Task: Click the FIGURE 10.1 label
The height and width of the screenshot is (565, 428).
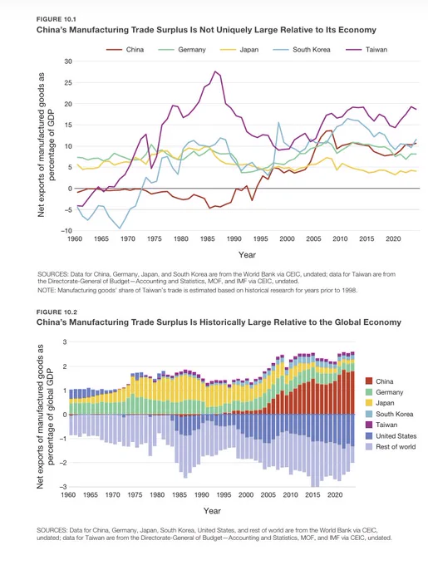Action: pyautogui.click(x=52, y=19)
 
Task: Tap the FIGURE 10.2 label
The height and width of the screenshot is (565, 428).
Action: pyautogui.click(x=52, y=312)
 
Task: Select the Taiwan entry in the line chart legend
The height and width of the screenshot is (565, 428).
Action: pyautogui.click(x=367, y=50)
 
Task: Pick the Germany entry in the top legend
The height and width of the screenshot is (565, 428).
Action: pyautogui.click(x=182, y=50)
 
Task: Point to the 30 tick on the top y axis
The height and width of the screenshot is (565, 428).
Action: pyautogui.click(x=68, y=61)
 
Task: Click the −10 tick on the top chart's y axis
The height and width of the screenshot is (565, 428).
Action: pyautogui.click(x=66, y=231)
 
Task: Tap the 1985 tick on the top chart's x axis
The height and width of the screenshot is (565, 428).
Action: pyautogui.click(x=208, y=239)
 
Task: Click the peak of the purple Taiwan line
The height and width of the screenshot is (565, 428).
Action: pyautogui.click(x=215, y=71)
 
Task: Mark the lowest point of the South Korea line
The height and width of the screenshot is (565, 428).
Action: pyautogui.click(x=120, y=228)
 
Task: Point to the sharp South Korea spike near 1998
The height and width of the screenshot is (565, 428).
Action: pyautogui.click(x=278, y=122)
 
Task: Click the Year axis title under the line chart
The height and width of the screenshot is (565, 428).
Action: pyautogui.click(x=247, y=255)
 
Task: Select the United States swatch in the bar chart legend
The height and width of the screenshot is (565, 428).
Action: pyautogui.click(x=369, y=436)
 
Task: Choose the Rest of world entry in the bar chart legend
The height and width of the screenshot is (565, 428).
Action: pyautogui.click(x=391, y=447)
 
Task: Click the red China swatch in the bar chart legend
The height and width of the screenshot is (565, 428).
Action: pyautogui.click(x=369, y=381)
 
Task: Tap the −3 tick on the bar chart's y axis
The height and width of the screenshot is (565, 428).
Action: pyautogui.click(x=63, y=487)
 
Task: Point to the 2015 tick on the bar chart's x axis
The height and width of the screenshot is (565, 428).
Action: pyautogui.click(x=312, y=494)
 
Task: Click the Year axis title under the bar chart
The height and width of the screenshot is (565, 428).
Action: pyautogui.click(x=212, y=511)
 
